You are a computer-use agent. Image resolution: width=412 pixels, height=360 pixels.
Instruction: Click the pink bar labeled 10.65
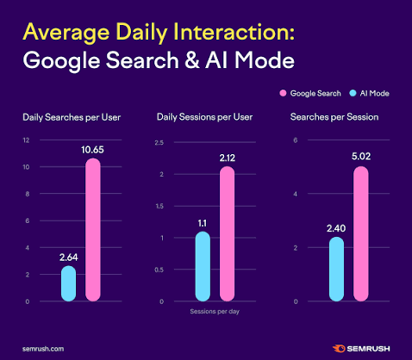pyautogui.click(x=93, y=230)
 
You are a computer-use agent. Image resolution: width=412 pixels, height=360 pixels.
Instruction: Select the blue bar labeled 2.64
pyautogui.click(x=68, y=283)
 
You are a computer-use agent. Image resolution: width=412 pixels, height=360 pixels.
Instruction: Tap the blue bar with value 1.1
pyautogui.click(x=203, y=266)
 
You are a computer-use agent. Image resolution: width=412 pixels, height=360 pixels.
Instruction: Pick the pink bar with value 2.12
pyautogui.click(x=227, y=233)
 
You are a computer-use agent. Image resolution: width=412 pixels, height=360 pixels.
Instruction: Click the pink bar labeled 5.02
pyautogui.click(x=361, y=233)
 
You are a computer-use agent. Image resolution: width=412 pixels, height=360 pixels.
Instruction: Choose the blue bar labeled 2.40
pyautogui.click(x=336, y=269)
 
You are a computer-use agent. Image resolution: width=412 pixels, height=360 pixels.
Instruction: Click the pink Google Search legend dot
pyautogui.click(x=283, y=93)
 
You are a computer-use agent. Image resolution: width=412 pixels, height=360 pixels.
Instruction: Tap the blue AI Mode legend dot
pyautogui.click(x=353, y=93)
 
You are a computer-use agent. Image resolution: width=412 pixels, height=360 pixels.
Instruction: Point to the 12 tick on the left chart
pyautogui.click(x=26, y=140)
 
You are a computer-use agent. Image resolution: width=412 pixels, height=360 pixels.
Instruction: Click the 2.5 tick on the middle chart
pyautogui.click(x=159, y=142)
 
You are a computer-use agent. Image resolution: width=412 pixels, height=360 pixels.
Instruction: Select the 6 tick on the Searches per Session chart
pyautogui.click(x=296, y=140)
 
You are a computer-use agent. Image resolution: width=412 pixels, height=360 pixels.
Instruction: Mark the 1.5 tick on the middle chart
pyautogui.click(x=159, y=206)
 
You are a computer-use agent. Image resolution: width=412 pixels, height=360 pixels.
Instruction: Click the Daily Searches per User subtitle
pyautogui.click(x=72, y=117)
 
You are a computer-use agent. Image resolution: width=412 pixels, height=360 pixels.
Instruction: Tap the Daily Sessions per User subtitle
pyautogui.click(x=204, y=117)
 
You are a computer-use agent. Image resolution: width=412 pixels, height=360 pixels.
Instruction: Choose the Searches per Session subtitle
pyautogui.click(x=334, y=117)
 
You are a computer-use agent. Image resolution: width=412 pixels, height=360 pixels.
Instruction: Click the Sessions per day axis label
pyautogui.click(x=215, y=312)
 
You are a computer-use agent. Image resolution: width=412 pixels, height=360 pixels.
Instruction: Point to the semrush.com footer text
pyautogui.click(x=43, y=349)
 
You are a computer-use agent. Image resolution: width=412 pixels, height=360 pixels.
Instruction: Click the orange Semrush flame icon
pyautogui.click(x=339, y=349)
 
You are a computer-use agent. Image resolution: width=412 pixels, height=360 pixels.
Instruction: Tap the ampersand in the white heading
pyautogui.click(x=192, y=60)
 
